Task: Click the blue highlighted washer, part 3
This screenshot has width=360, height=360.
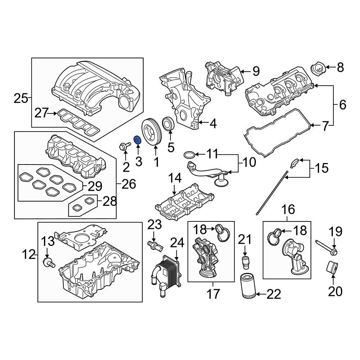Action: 137,140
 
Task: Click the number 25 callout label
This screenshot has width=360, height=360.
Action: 21,98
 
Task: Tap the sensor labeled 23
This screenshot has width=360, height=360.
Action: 156,247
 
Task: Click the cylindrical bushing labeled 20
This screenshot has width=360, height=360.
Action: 332,268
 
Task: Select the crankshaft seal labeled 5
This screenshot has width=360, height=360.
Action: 168,124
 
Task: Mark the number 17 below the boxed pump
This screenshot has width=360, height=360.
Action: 213,294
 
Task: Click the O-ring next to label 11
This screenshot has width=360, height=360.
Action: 190,155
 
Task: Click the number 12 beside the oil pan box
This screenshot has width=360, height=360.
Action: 29,255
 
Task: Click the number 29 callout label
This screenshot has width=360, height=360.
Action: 95,186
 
